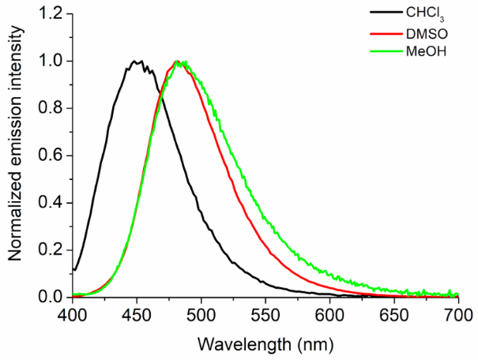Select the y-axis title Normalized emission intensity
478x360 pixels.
click(x=15, y=156)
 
